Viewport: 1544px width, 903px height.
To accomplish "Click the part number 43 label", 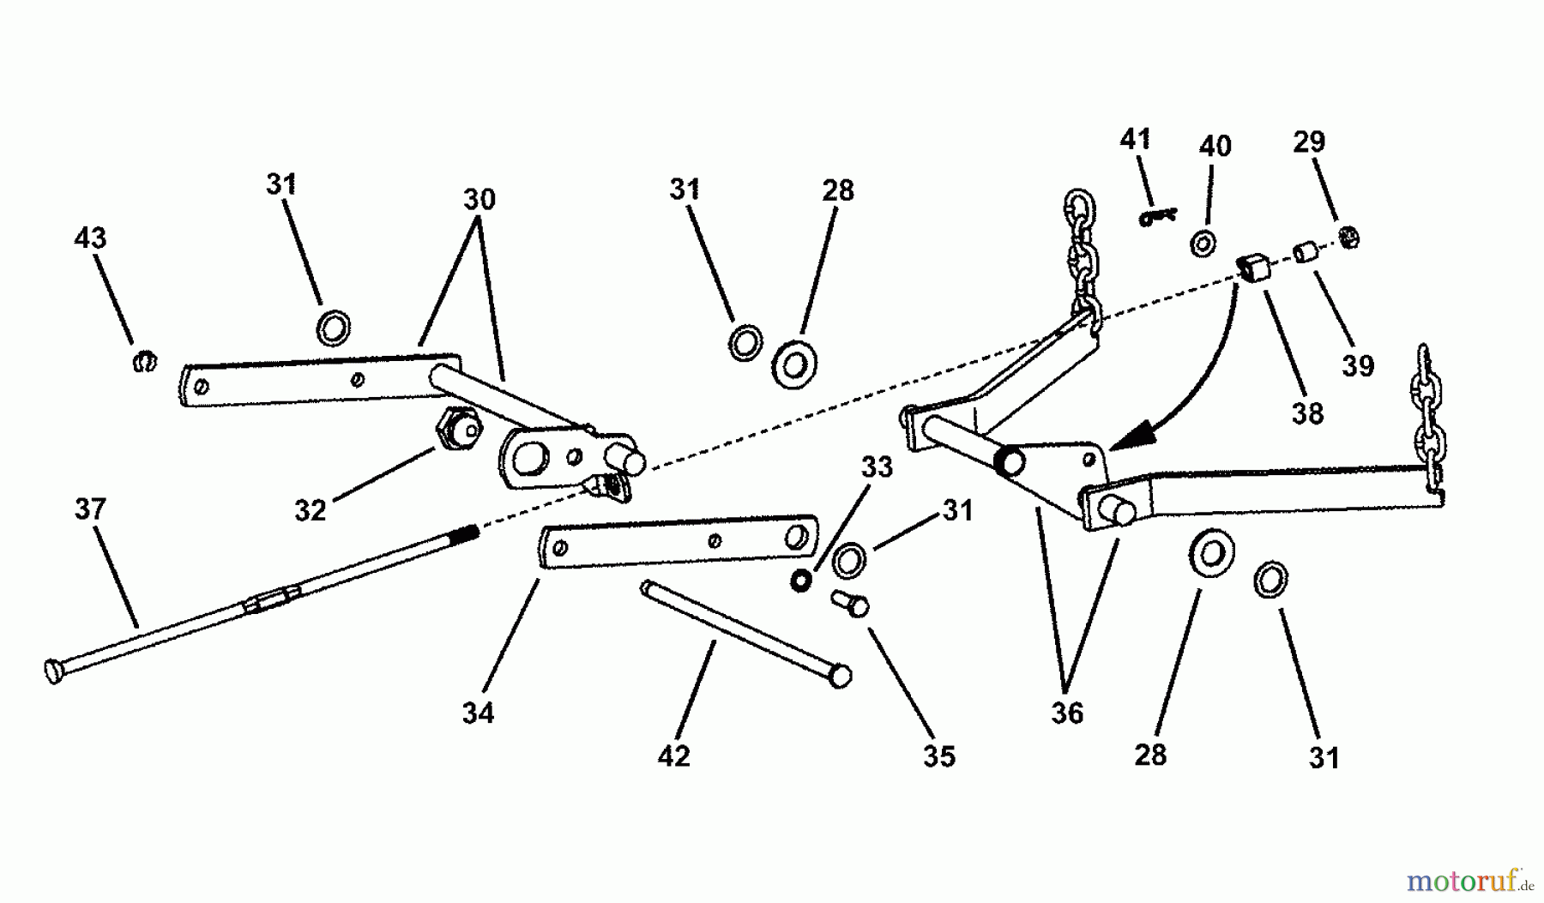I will [x=91, y=238].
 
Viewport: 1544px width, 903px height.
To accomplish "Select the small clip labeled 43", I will [x=145, y=361].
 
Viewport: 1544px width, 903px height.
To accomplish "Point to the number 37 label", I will [x=90, y=509].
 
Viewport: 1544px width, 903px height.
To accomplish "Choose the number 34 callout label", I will [x=478, y=713].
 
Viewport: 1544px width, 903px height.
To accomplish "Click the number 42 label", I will [x=673, y=756].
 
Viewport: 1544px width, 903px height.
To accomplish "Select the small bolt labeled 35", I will [x=850, y=605].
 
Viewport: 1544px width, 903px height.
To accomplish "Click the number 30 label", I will [x=479, y=200].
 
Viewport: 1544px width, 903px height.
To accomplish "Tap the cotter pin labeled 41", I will [x=1159, y=218].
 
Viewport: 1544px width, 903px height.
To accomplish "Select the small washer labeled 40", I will [x=1203, y=243].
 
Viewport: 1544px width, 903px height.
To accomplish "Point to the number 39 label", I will [x=1358, y=365].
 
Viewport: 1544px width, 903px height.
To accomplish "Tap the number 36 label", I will [x=1067, y=713].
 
